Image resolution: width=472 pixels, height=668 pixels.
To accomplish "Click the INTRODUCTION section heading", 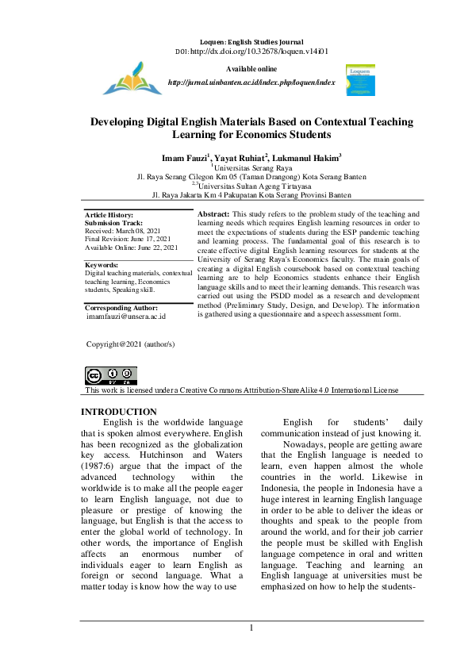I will (119, 412).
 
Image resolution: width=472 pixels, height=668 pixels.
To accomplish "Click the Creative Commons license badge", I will (110, 376).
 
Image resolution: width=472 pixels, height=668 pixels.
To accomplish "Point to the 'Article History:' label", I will (109, 216).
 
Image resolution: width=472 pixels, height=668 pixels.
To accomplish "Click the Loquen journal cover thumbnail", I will (361, 82).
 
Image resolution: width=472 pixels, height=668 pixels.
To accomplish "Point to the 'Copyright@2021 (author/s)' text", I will (130, 344).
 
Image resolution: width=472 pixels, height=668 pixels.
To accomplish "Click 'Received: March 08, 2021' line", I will (122, 231).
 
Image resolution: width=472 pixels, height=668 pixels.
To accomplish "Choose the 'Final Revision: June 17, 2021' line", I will (129, 239).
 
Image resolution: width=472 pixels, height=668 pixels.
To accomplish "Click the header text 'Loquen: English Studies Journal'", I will (251, 40).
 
